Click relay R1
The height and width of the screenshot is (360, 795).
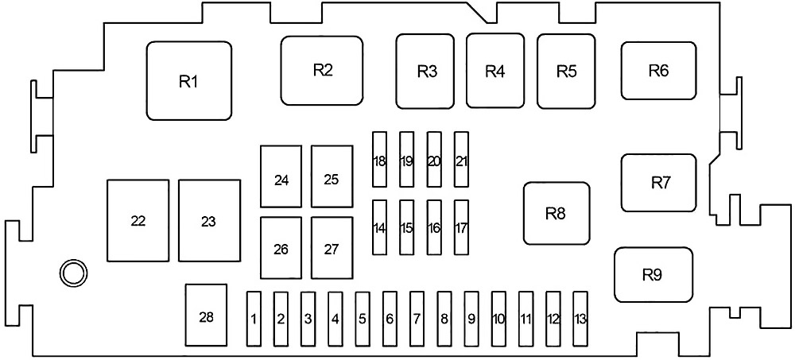pyautogui.click(x=188, y=81)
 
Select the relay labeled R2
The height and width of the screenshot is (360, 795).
pyautogui.click(x=322, y=70)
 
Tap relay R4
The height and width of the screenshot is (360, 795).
pyautogui.click(x=494, y=71)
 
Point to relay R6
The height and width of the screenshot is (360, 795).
pyautogui.click(x=658, y=70)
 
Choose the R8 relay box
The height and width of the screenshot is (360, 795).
pyautogui.click(x=556, y=213)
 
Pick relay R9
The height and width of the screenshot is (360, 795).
pyautogui.click(x=653, y=275)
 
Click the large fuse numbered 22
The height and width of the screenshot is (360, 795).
pyautogui.click(x=138, y=220)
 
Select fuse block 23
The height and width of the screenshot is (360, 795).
pyautogui.click(x=209, y=220)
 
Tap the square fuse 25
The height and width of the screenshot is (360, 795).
pyautogui.click(x=332, y=178)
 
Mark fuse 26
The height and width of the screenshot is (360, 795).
pyautogui.click(x=281, y=249)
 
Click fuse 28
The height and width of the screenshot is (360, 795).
pyautogui.click(x=206, y=317)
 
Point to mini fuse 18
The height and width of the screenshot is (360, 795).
pyautogui.click(x=379, y=161)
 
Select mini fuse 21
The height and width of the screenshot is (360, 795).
pyautogui.click(x=461, y=161)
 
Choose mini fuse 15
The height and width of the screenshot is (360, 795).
pyautogui.click(x=407, y=227)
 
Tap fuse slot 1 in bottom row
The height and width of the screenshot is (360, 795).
pyautogui.click(x=254, y=319)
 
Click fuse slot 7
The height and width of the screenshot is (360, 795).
pyautogui.click(x=417, y=319)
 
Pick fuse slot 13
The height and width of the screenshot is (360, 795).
pyautogui.click(x=580, y=319)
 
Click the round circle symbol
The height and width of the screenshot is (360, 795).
pyautogui.click(x=72, y=273)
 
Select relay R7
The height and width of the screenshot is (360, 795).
pyautogui.click(x=659, y=183)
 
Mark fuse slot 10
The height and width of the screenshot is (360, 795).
pyautogui.click(x=498, y=319)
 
